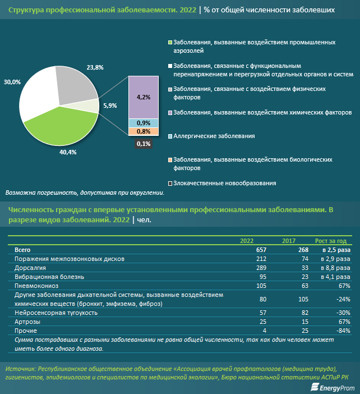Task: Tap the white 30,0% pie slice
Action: (38, 95)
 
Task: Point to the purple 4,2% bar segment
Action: (144, 97)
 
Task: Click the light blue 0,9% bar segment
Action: (144, 123)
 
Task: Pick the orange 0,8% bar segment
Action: (144, 131)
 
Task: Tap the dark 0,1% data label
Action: (144, 144)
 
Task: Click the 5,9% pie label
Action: (110, 106)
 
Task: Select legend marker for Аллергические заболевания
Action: (170, 136)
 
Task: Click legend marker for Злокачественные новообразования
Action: (170, 184)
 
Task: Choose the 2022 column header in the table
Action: (247, 241)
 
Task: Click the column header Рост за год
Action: (331, 241)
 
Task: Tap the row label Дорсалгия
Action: (30, 268)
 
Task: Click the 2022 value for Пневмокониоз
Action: (261, 286)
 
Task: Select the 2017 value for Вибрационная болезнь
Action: (305, 277)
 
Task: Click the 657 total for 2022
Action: (261, 250)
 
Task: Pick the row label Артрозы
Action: (27, 322)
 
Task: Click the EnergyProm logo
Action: (333, 387)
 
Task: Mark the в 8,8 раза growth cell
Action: (335, 268)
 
